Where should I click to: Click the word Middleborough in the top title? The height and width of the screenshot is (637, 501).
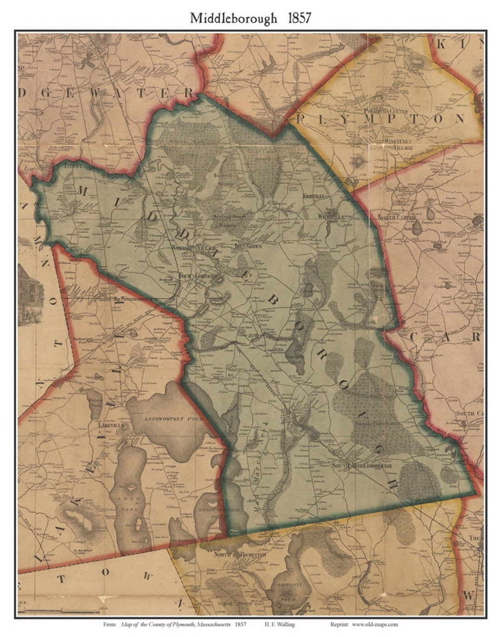(233, 19)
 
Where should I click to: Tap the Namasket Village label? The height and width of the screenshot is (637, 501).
(191, 248)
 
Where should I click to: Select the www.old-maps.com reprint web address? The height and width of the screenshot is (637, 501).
(374, 624)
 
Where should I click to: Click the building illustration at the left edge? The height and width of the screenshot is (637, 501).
(30, 292)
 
